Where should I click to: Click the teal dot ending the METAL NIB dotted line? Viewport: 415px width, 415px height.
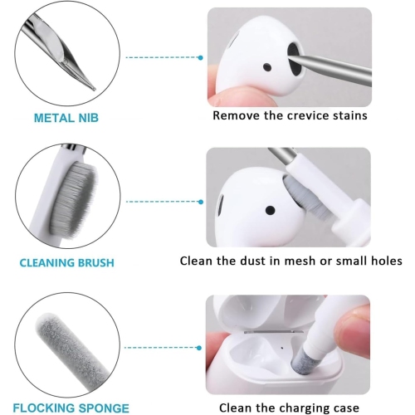click(201, 57)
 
